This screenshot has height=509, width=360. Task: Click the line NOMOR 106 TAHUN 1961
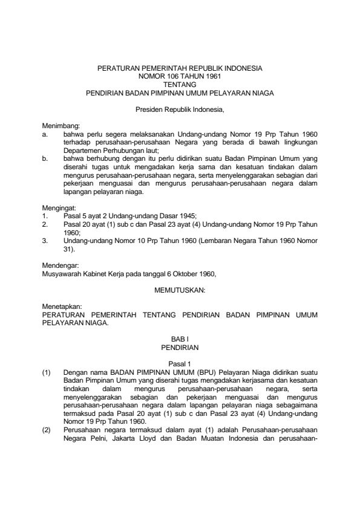180,77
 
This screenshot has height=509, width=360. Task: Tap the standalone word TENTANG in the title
180,85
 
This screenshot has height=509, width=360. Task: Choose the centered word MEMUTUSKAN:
180,291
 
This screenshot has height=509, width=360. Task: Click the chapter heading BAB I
180,340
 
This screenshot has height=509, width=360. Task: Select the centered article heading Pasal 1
180,365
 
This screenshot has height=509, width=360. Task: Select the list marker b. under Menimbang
45,158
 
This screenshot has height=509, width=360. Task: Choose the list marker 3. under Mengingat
44,240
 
